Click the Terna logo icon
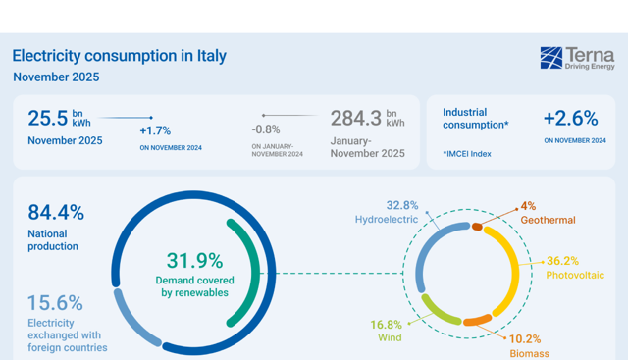(x=550, y=58)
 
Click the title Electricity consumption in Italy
(x=119, y=56)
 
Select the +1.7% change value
(x=155, y=130)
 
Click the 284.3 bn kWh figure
(x=367, y=118)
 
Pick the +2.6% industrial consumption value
(x=570, y=118)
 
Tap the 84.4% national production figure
(x=56, y=212)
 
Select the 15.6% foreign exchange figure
(x=55, y=303)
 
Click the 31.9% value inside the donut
(x=194, y=261)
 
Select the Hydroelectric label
(x=387, y=220)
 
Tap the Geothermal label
(x=548, y=220)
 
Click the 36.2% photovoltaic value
(x=562, y=261)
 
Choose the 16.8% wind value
(x=386, y=324)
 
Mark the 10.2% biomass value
(x=525, y=338)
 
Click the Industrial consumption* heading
(x=475, y=118)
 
